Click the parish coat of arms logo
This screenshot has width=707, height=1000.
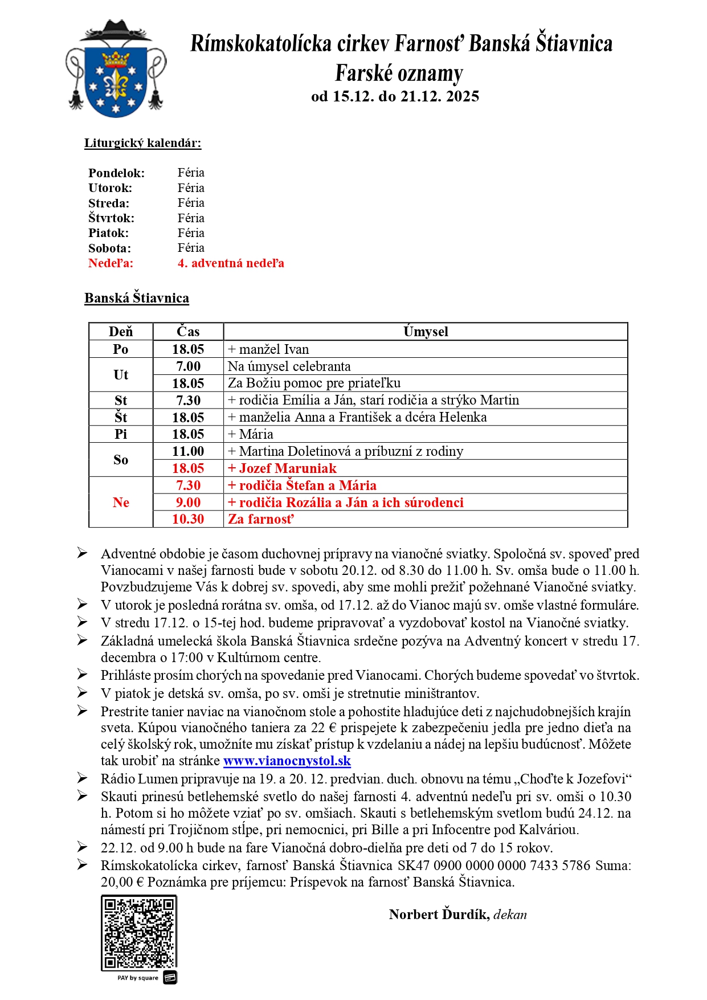116,69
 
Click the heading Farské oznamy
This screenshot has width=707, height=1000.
399,74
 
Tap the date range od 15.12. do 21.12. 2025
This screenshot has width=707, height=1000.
395,96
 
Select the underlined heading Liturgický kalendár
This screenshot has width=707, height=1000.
142,143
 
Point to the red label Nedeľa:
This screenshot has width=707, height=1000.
111,263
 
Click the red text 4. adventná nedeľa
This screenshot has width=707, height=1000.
231,263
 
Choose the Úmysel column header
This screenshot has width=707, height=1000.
426,332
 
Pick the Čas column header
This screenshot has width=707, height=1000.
188,332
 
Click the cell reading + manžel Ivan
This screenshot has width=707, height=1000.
268,349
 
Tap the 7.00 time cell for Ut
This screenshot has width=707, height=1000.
188,366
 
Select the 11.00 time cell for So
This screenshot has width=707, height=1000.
188,451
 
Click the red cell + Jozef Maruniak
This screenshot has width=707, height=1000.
282,468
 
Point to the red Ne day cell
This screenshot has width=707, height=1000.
121,503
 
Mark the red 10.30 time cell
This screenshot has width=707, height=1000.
188,519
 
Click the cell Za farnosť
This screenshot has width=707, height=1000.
261,519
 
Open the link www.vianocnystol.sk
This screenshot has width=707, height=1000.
287,761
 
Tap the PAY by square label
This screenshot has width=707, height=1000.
138,978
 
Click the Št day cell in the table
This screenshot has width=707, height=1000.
121,417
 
